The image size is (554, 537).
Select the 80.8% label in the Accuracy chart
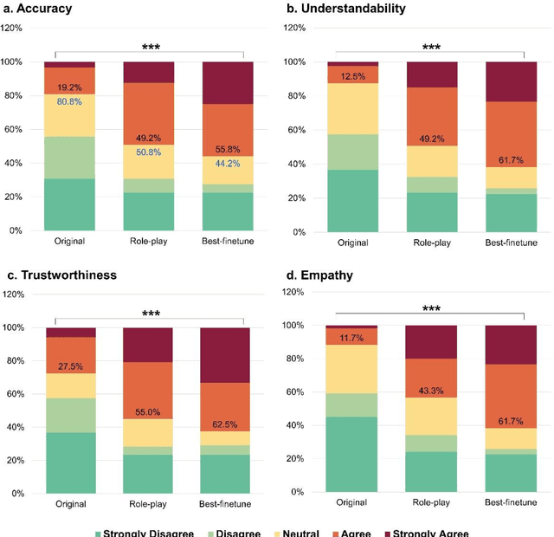(69, 101)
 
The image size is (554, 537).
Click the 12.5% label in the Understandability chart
(352, 76)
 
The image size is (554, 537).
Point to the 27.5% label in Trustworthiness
(69, 366)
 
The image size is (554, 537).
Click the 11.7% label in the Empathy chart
(352, 338)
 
